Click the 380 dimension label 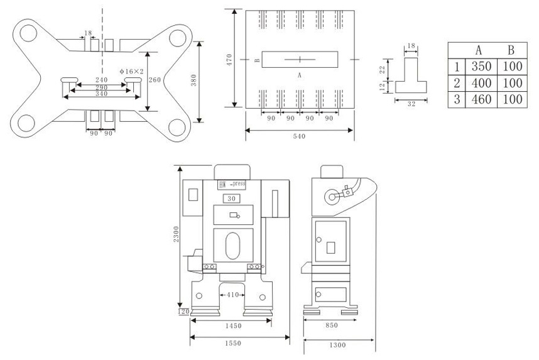click(193, 80)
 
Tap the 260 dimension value click(155, 80)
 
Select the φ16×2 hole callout click(132, 72)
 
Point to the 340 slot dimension click(101, 94)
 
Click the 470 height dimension click(230, 60)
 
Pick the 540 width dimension click(299, 136)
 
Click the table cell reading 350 click(481, 67)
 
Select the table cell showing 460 click(481, 99)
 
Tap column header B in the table click(511, 50)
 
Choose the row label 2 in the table click(457, 83)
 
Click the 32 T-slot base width click(411, 104)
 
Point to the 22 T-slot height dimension click(382, 70)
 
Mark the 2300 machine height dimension click(176, 234)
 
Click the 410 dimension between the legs click(232, 295)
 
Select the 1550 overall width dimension click(233, 343)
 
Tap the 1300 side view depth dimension click(337, 345)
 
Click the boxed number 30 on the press click(232, 199)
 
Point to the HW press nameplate click(232, 185)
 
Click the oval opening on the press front click(232, 246)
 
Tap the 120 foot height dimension click(184, 312)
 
